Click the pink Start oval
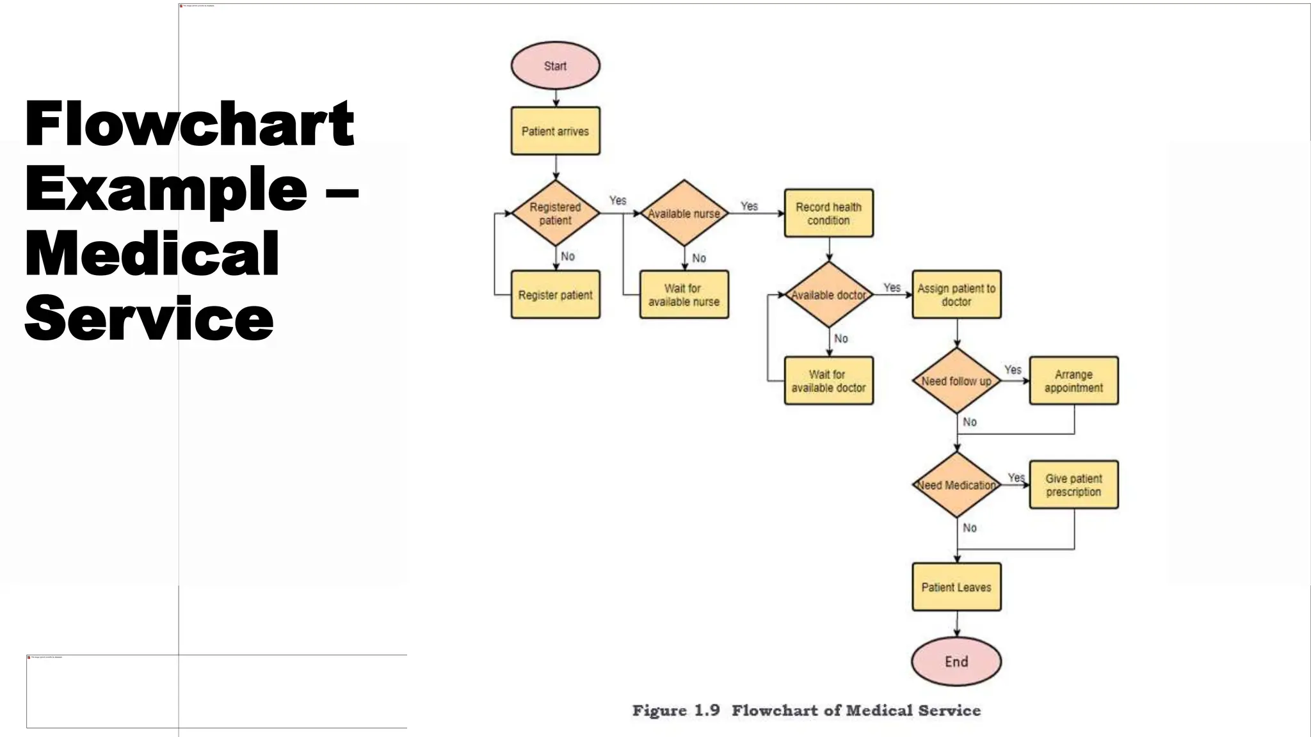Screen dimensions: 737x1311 [555, 66]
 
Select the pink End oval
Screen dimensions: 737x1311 [956, 662]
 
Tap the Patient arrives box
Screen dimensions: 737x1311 [555, 131]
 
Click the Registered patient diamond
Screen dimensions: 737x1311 [555, 214]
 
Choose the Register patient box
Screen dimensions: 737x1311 [555, 295]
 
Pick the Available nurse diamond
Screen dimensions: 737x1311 [684, 214]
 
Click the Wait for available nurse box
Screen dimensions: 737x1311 [684, 295]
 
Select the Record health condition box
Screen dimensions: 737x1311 [828, 214]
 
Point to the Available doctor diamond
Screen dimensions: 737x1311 [828, 295]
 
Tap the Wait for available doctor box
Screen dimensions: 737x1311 [828, 381]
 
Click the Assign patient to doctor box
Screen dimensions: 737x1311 [956, 295]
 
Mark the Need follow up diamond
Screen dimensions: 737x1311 [956, 381]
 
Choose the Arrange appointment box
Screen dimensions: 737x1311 [1074, 381]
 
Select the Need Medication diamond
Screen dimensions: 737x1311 [956, 485]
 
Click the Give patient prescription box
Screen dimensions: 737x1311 [1074, 485]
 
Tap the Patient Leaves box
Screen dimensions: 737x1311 [956, 587]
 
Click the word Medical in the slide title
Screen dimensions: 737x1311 [152, 254]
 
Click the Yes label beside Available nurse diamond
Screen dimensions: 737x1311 [749, 206]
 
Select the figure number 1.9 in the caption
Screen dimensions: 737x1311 [707, 711]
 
